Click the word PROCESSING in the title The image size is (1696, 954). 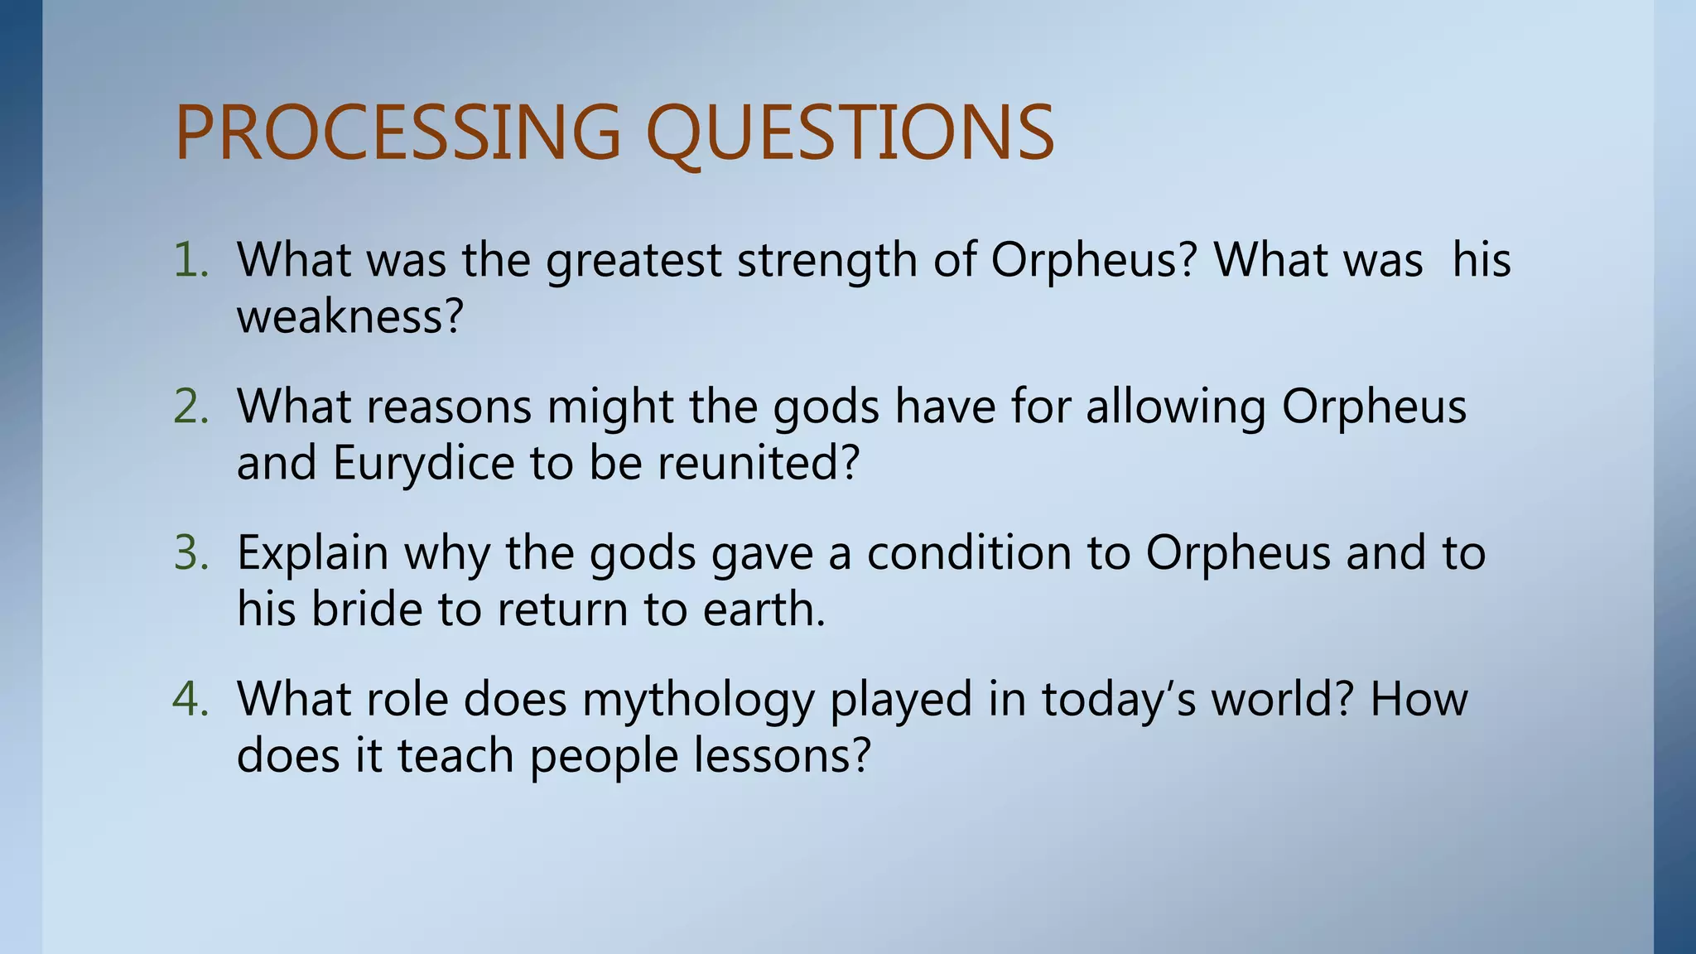tap(397, 132)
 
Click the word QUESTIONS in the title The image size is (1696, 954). tap(849, 132)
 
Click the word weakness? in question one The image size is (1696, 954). tap(349, 316)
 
